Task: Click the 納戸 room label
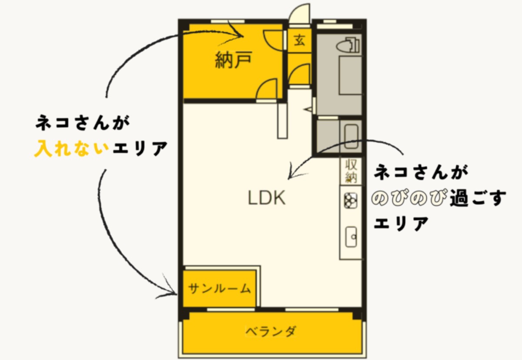point(234,61)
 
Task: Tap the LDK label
point(267,198)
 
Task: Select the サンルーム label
point(220,288)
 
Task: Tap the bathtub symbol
point(351,137)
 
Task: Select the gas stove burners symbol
point(351,201)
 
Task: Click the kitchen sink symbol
point(351,237)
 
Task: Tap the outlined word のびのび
point(408,199)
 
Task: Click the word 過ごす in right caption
point(478,199)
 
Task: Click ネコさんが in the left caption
point(83,123)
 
